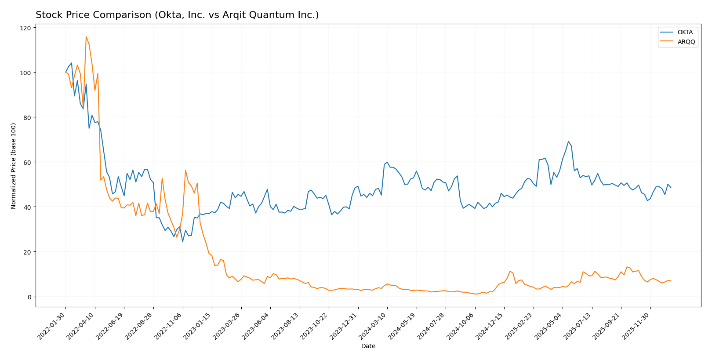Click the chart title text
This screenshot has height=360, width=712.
177,15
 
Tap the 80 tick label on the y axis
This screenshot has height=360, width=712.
27,118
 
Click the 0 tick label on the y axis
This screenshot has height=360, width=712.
29,297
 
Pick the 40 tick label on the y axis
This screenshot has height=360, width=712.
27,207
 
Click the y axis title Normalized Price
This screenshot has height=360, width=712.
14,166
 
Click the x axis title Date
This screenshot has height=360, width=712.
368,346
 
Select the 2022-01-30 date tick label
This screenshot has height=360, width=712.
52,326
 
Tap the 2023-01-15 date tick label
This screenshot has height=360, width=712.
198,326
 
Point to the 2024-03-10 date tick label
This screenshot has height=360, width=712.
373,326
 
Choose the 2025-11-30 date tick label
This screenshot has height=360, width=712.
636,326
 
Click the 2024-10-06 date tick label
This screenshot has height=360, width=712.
461,326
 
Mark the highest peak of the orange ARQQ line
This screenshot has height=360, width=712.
86,36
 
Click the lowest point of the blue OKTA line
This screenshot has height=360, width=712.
183,241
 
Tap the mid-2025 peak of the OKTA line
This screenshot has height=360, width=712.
568,142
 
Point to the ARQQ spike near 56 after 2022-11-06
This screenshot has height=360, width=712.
185,170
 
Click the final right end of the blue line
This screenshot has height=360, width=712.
671,188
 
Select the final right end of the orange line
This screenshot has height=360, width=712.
671,281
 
